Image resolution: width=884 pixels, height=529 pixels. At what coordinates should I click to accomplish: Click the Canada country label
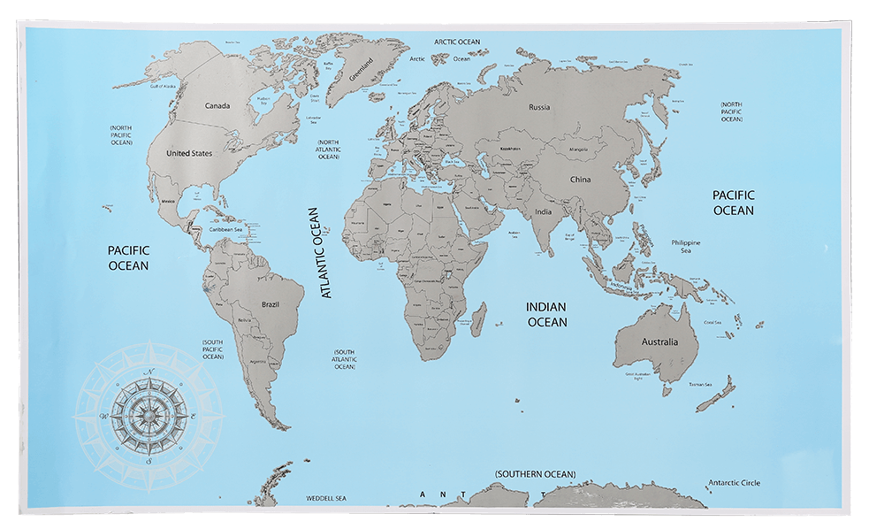click(217, 106)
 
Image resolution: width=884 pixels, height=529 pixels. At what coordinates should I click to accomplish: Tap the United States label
click(189, 153)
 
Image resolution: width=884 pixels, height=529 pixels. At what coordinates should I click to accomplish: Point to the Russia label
click(539, 108)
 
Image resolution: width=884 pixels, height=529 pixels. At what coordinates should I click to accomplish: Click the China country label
click(580, 180)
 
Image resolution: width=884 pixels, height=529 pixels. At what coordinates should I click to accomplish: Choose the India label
click(543, 212)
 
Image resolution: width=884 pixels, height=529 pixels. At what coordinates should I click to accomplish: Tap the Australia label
click(659, 342)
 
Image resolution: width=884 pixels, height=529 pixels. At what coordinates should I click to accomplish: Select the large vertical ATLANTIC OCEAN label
click(320, 253)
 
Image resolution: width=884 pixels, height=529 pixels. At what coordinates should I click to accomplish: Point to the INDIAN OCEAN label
click(547, 315)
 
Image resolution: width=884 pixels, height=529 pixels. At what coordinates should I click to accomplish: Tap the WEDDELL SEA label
click(329, 499)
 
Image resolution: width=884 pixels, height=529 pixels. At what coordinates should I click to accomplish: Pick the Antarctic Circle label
click(734, 483)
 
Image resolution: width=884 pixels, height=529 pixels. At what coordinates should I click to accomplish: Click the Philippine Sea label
click(686, 246)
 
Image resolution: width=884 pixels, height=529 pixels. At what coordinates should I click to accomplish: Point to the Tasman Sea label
click(701, 385)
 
